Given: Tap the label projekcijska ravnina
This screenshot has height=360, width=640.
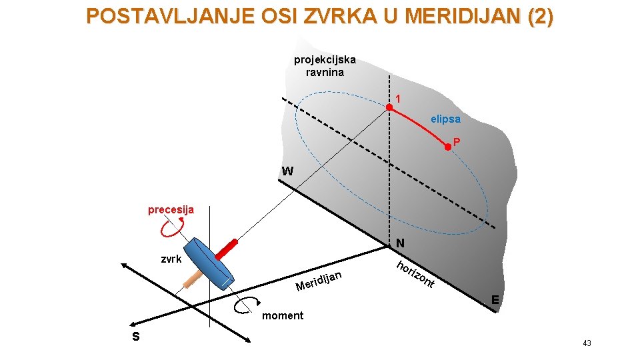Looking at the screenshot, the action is (325, 66).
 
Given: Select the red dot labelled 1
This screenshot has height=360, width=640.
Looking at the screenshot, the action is (390, 107).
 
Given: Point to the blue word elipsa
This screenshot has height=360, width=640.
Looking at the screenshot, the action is (445, 119).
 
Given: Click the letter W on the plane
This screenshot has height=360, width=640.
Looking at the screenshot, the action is (287, 171).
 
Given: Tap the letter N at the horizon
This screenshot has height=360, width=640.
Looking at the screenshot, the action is (400, 242).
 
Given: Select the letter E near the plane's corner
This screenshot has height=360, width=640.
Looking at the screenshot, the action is (495, 300).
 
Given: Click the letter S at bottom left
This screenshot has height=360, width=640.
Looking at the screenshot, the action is (136, 337).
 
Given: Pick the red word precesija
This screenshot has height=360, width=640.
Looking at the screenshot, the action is (171, 210).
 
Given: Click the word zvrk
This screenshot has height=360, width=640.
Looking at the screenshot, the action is (172, 259).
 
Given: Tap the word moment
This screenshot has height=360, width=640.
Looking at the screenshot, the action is (283, 315).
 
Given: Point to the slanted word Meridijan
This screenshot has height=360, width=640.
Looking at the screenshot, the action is (320, 281).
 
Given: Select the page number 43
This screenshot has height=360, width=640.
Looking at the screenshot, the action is (587, 343).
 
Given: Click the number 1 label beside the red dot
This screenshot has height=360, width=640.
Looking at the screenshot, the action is (398, 99).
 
